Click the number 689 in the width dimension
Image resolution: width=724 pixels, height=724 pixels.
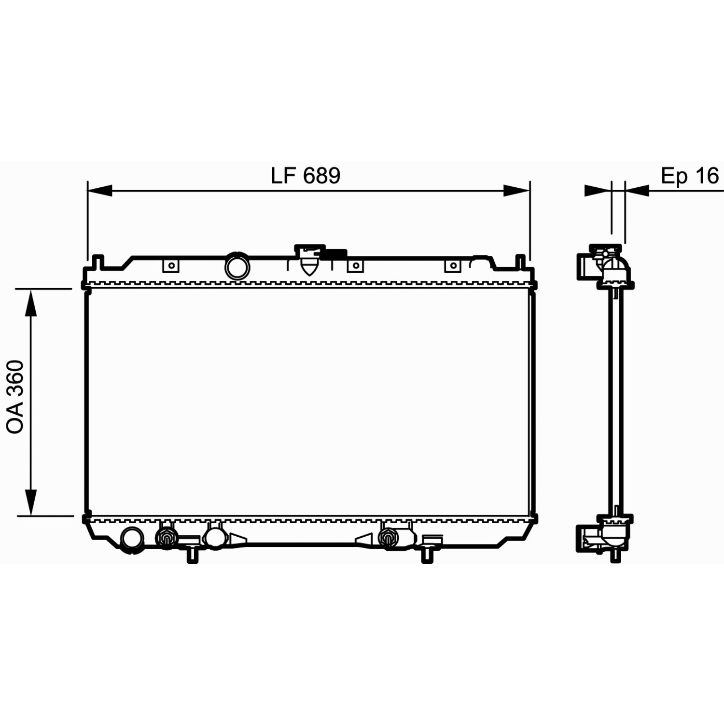pos(322,176)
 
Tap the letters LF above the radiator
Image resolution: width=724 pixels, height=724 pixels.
pos(283,176)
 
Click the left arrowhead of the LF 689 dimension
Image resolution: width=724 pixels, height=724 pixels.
pos(99,191)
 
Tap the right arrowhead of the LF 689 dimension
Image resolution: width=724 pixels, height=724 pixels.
pos(517,191)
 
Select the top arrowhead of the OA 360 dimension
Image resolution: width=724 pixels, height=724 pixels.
pos(31,302)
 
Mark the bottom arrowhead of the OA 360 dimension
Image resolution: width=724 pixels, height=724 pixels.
pos(31,502)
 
